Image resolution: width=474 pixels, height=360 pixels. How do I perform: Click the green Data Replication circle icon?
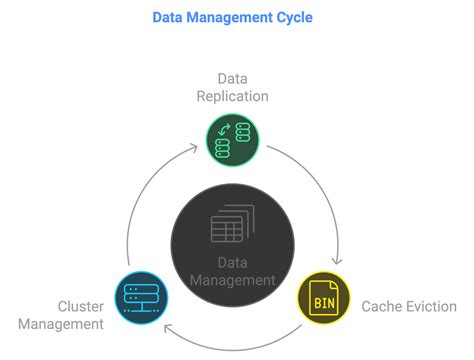coord(233,138)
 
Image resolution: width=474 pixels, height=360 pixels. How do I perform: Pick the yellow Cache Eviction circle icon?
coord(324,297)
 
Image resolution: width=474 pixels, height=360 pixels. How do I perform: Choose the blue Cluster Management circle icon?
coord(141,297)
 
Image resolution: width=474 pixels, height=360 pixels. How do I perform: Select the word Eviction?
coord(429,306)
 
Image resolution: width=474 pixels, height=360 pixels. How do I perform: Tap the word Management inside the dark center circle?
coord(233,281)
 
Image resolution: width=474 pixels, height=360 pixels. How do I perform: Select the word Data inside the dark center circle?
coord(232,263)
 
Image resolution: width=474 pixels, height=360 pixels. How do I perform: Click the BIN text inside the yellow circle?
coord(324,299)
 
